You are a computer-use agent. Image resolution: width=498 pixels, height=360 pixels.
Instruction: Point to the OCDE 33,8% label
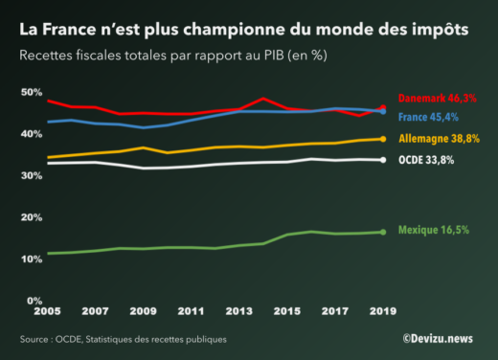[421, 160]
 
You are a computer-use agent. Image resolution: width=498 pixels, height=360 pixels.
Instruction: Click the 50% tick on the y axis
[30, 92]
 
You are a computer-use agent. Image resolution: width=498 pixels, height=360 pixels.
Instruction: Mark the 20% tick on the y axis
[30, 217]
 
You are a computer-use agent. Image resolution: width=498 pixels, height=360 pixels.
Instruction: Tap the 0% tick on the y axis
[33, 301]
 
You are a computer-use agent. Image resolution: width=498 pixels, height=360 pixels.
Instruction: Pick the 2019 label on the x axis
[382, 312]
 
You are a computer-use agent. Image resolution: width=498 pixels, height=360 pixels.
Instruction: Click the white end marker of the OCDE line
[382, 160]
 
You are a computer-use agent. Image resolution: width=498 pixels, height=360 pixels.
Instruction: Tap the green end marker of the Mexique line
[382, 232]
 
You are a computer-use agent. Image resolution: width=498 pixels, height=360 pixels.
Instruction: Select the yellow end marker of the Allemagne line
[382, 139]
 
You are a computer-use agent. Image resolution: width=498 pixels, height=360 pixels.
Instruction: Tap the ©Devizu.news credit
[438, 338]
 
